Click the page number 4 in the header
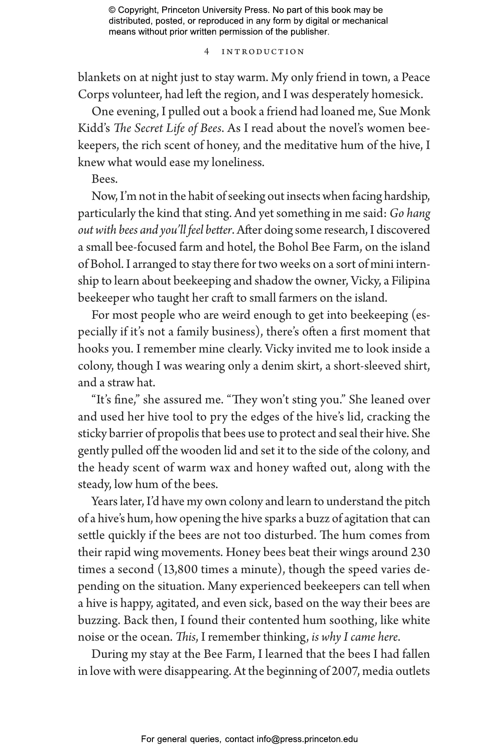pyautogui.click(x=207, y=52)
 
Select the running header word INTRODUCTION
pyautogui.click(x=263, y=52)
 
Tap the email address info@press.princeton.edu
pyautogui.click(x=307, y=739)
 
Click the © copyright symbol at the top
pyautogui.click(x=112, y=10)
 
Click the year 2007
pyautogui.click(x=345, y=671)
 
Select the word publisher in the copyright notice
pyautogui.click(x=309, y=31)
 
